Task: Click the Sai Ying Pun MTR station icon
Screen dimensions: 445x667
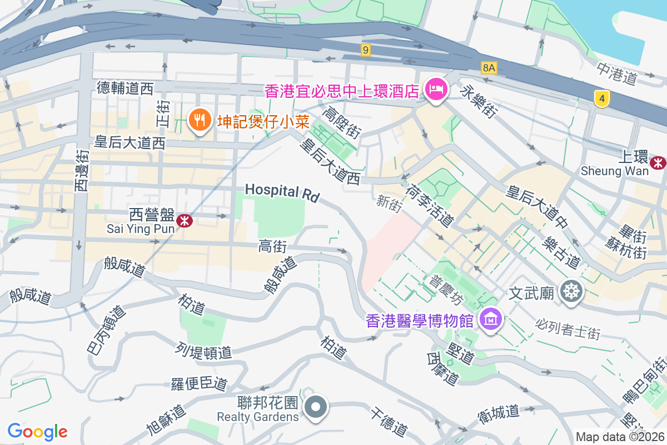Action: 184,221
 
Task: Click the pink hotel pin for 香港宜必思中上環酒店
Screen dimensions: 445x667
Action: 436,89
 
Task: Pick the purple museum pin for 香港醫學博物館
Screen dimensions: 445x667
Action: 491,319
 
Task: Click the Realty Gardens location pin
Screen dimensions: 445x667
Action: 316,407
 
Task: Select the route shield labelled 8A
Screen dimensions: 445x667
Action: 489,68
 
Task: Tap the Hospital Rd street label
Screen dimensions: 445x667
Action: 282,192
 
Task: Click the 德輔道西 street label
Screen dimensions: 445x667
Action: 125,88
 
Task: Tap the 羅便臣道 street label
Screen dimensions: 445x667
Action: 198,383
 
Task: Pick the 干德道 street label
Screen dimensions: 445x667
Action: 389,421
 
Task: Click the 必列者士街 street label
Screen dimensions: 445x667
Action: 568,328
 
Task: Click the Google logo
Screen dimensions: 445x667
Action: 37,432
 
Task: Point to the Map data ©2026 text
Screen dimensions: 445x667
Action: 619,437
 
